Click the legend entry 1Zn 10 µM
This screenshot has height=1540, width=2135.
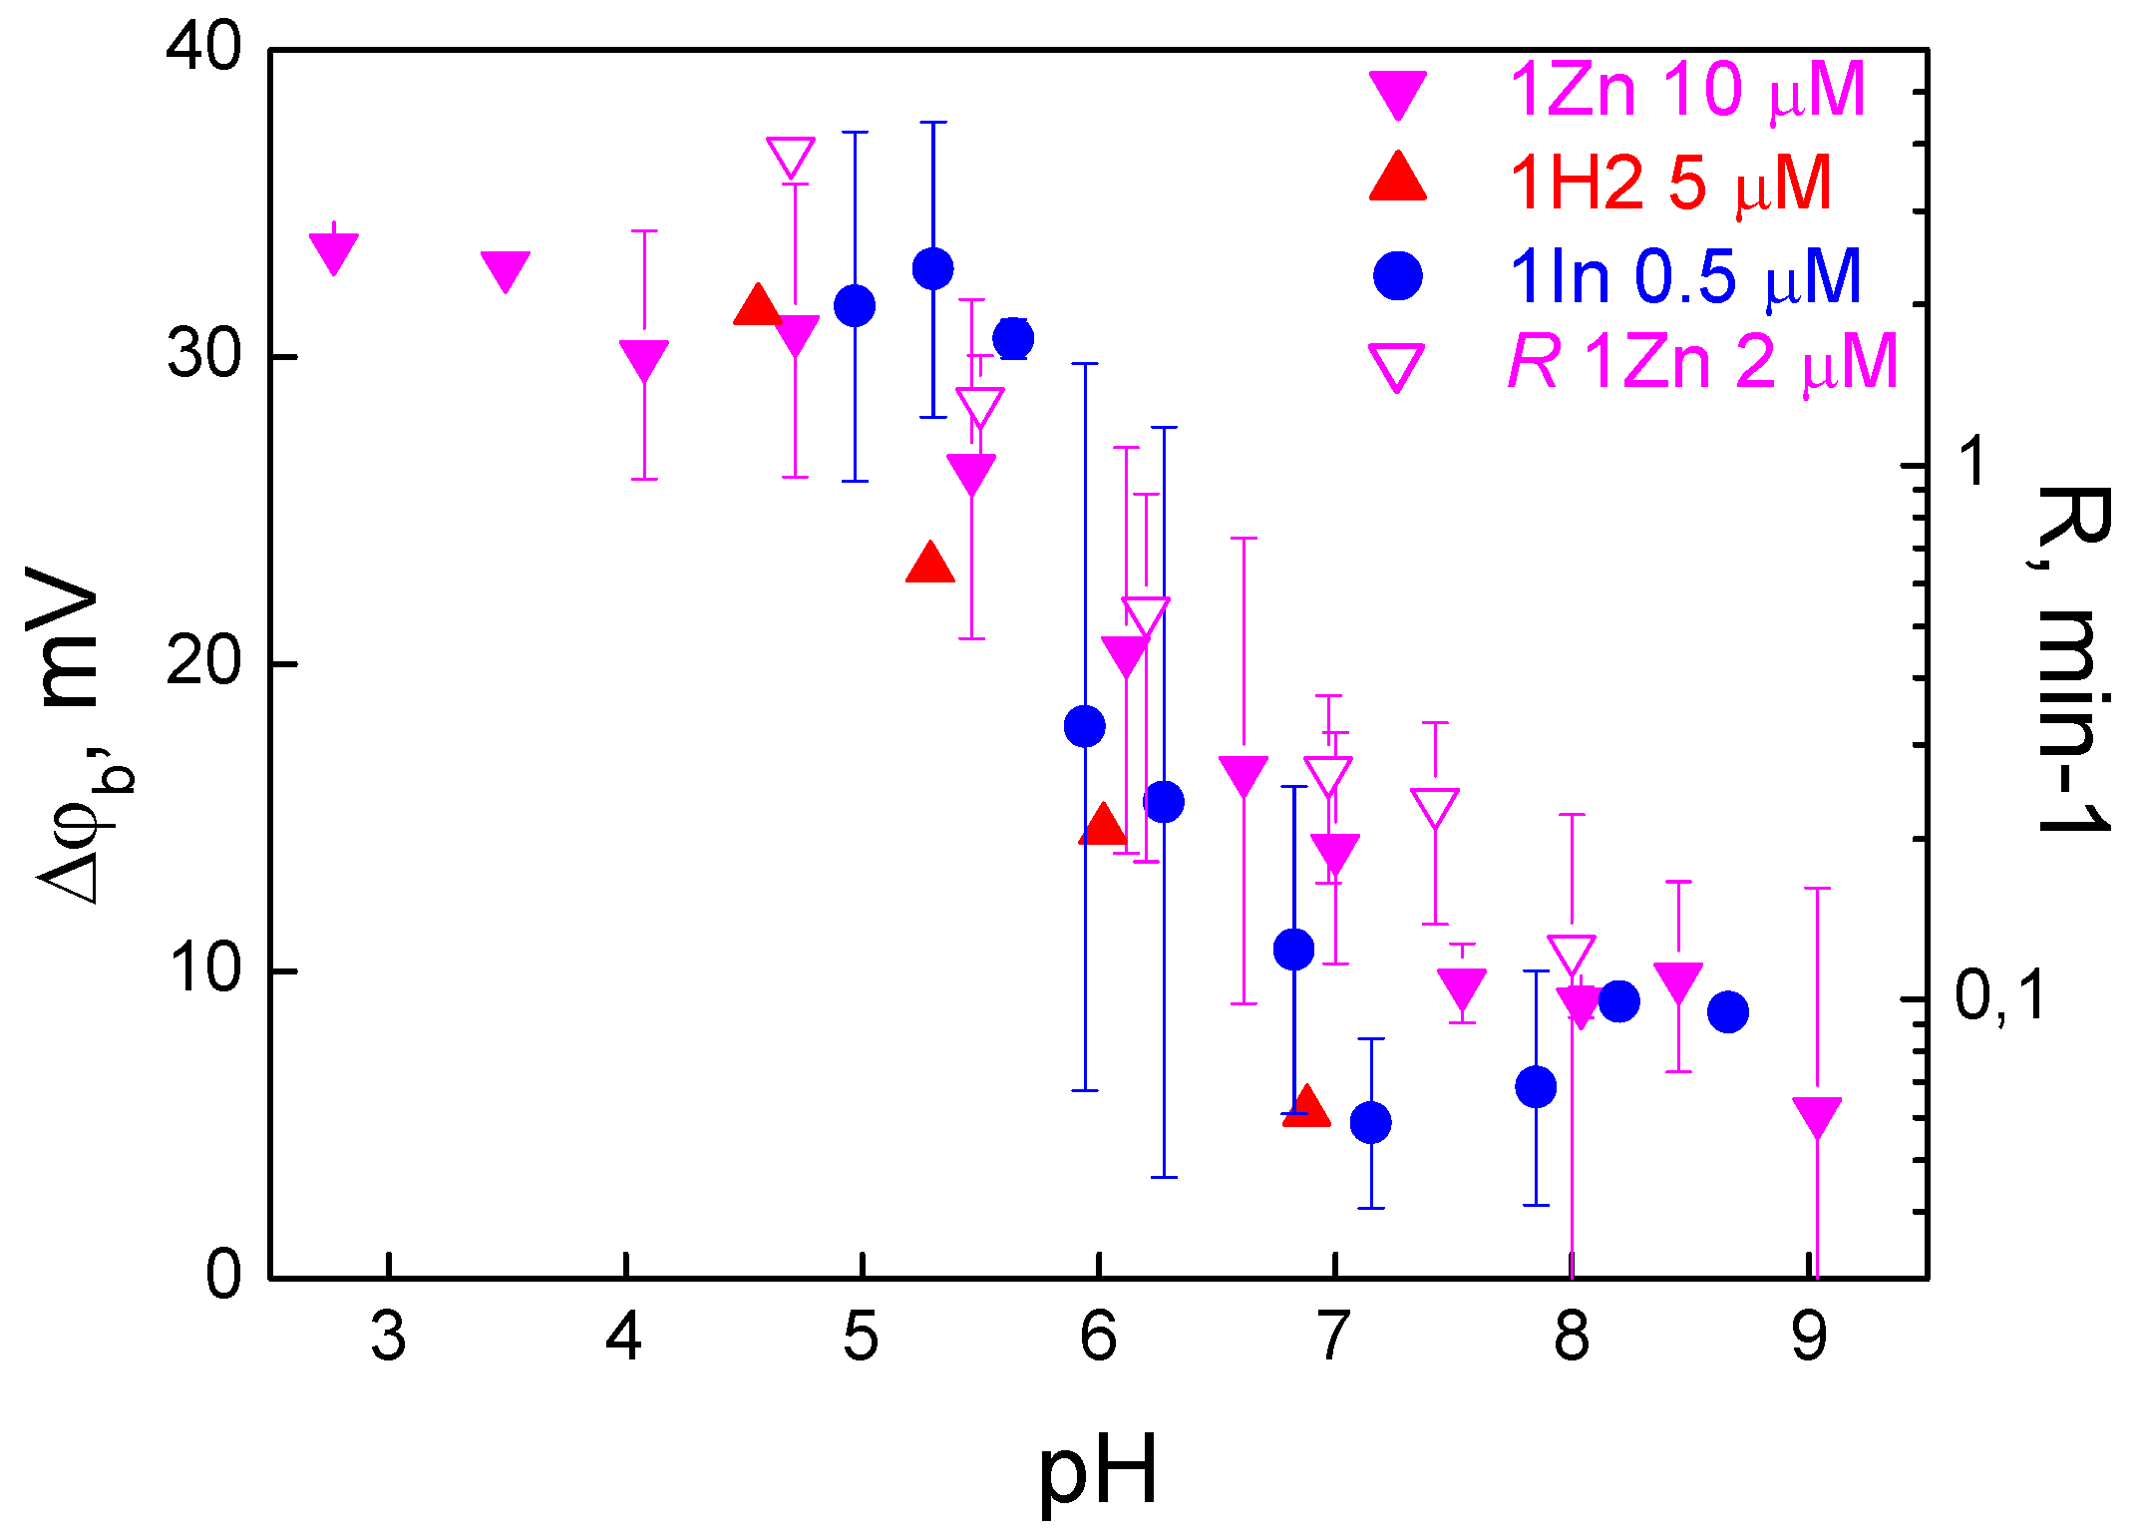tap(1686, 91)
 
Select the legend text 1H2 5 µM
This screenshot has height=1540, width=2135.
tap(1670, 184)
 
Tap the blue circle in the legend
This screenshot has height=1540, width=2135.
tap(1397, 276)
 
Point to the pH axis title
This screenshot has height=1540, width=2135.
tap(1098, 1472)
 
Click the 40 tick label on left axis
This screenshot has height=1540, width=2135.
tap(204, 47)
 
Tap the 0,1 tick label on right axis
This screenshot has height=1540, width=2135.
tap(1998, 996)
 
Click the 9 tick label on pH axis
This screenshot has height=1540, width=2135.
tap(1809, 1338)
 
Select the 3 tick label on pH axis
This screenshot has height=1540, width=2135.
tap(388, 1338)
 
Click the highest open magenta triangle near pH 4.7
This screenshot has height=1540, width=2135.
tap(791, 157)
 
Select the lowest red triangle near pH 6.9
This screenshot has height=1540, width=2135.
tap(1305, 1106)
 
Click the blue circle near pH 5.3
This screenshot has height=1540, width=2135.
tap(932, 268)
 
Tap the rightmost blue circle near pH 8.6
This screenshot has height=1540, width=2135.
tap(1727, 1011)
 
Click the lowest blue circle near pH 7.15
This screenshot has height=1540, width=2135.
tap(1370, 1122)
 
